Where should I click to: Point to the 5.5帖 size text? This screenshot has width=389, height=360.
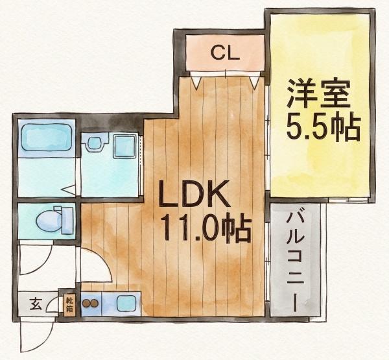(x=322, y=128)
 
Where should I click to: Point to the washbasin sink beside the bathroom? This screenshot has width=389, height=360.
(x=94, y=143)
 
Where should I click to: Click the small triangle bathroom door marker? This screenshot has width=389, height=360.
(x=69, y=190)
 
